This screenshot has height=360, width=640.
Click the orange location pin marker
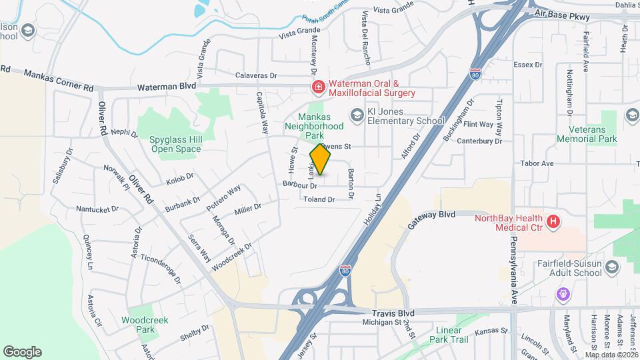320,160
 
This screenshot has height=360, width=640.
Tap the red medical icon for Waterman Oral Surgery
319,87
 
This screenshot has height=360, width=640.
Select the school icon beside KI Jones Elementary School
357,117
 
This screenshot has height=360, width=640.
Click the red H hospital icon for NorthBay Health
552,222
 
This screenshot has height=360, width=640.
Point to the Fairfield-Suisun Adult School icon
613,267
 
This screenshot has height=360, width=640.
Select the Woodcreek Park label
145,325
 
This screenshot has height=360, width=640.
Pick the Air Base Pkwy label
563,13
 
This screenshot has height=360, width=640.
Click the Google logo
22,352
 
